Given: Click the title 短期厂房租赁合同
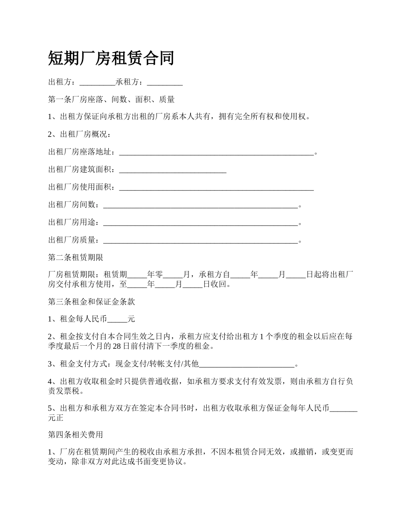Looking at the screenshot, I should point(111,58).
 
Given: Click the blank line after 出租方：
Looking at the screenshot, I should point(97,82).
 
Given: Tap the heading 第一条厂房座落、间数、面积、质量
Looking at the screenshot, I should point(111,99).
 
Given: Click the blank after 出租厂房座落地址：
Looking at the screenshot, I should point(216,152).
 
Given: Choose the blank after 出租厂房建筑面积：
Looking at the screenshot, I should point(173,170).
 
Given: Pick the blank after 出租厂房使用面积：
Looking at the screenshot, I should point(216,187).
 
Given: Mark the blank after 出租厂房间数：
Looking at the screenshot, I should point(200,205).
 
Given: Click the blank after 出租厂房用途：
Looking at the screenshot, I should point(200,222).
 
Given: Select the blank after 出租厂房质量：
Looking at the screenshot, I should point(200,240).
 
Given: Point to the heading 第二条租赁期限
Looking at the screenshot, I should point(75,257).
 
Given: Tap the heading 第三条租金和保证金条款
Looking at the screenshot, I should point(92,302).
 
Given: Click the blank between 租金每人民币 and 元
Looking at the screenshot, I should point(118,319).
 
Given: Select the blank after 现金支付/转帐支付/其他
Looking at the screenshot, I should point(247,364).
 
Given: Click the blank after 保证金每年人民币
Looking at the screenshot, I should point(344,408).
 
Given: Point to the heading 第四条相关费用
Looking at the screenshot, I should point(75,435).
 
